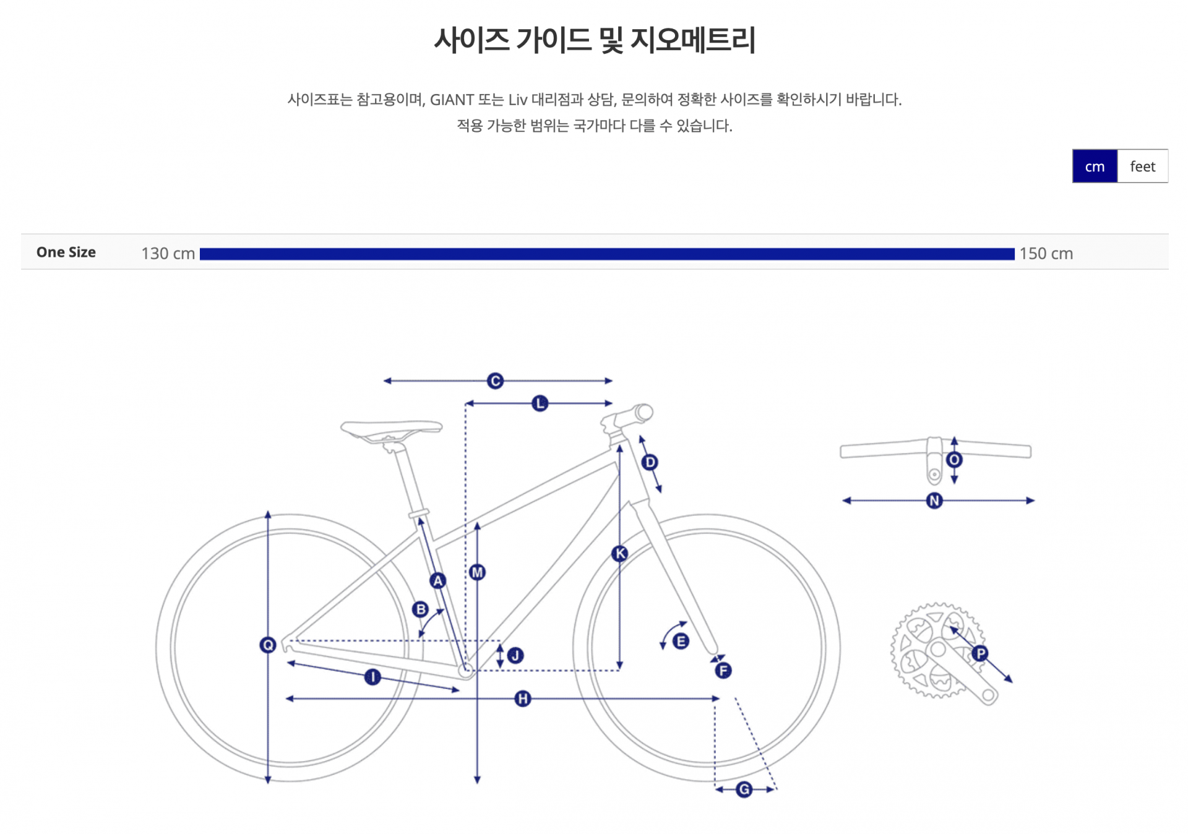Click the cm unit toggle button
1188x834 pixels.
point(1094,166)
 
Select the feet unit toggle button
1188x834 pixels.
point(1142,166)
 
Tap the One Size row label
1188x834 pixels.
point(66,252)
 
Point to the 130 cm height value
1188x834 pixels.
point(168,254)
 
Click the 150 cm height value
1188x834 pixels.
point(1046,254)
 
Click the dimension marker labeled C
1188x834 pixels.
point(495,381)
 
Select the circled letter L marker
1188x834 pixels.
point(540,404)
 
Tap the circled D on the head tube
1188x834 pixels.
point(650,462)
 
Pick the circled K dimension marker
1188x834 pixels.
point(619,553)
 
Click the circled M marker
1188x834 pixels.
point(477,572)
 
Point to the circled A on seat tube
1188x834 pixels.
point(438,580)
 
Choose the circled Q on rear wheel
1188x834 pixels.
point(268,645)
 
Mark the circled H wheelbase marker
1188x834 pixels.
point(523,699)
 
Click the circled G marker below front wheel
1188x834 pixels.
point(744,789)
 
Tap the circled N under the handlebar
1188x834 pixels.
point(934,501)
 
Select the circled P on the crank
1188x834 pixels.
point(980,653)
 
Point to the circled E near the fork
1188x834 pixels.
point(681,641)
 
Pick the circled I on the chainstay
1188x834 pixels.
point(372,677)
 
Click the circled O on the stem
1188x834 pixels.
point(954,460)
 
